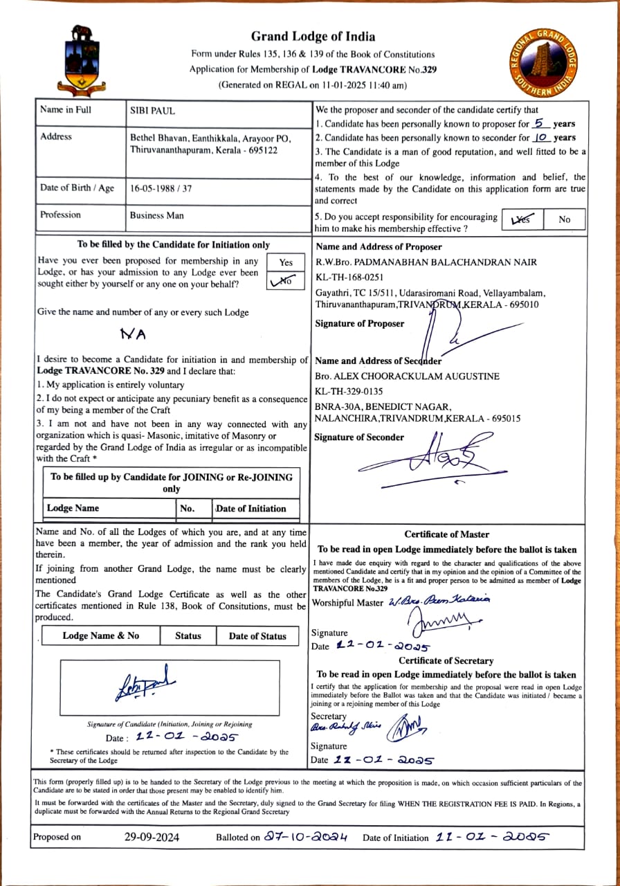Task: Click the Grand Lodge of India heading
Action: click(313, 37)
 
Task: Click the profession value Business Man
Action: click(157, 215)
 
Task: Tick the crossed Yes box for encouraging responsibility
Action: click(521, 219)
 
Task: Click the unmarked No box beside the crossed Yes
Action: click(565, 219)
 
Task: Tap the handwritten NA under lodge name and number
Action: click(134, 334)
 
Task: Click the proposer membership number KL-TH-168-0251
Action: click(349, 277)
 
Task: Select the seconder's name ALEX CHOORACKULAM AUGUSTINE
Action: click(407, 376)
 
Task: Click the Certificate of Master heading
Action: click(446, 534)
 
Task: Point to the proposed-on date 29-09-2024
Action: click(152, 837)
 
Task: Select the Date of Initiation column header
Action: click(251, 508)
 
